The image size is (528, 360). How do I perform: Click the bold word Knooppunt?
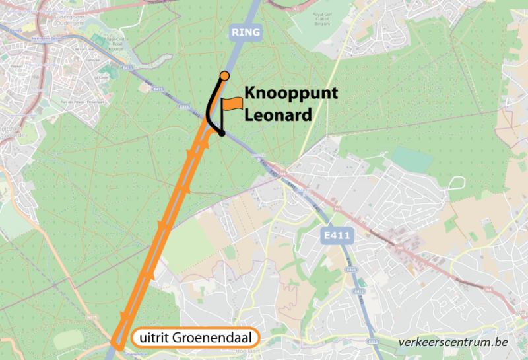click(291, 94)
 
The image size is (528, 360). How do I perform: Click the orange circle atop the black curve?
click(224, 75)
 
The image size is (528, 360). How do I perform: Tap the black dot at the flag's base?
click(222, 133)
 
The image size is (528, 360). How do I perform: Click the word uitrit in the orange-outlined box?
click(155, 338)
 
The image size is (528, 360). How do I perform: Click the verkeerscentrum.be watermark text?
click(453, 342)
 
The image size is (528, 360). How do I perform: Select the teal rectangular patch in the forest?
click(412, 159)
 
